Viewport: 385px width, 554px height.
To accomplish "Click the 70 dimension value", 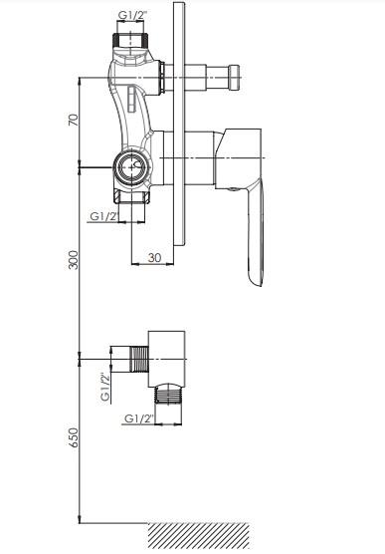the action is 73,120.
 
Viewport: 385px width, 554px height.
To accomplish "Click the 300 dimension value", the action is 73,260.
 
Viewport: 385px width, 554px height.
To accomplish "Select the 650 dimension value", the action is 74,437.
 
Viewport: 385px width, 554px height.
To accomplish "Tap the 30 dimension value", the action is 154,257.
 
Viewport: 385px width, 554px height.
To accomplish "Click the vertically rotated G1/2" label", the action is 105,388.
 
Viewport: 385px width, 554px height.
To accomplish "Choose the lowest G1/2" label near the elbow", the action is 139,418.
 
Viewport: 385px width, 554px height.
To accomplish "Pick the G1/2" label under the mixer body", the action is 104,216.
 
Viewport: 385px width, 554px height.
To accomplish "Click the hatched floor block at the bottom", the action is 199,536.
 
